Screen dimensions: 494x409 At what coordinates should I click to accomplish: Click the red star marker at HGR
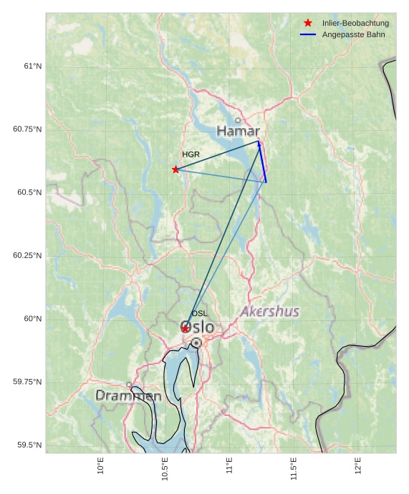point(175,169)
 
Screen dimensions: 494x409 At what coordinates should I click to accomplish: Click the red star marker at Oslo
point(185,328)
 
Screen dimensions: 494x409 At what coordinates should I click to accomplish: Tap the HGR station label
point(191,154)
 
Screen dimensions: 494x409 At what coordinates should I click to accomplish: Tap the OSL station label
point(199,313)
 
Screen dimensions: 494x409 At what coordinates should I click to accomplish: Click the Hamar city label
point(238,132)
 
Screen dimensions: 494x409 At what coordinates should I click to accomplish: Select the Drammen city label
point(128,395)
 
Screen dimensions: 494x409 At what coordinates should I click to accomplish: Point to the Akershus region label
point(269,312)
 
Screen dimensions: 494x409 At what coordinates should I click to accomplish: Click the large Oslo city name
point(198,327)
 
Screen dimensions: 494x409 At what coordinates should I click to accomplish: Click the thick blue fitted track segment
point(262,162)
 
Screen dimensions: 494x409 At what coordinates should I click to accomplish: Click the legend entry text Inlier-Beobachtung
point(355,24)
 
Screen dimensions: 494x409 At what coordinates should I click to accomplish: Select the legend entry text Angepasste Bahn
point(353,34)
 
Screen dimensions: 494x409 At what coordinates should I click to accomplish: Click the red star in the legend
point(308,23)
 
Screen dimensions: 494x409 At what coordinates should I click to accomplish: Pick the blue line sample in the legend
point(308,34)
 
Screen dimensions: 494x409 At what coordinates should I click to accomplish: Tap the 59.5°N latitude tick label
point(30,445)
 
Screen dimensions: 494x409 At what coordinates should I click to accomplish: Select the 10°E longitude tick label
point(101,466)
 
